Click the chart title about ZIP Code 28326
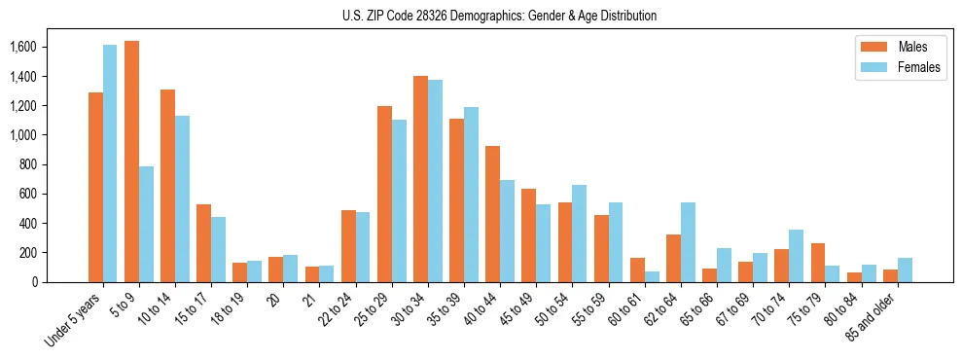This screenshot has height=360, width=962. click(499, 16)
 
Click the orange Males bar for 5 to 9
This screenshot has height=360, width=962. click(131, 162)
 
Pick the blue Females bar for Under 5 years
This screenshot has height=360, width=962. click(110, 163)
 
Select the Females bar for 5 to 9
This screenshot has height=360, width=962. click(146, 224)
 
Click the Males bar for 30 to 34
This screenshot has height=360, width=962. click(420, 179)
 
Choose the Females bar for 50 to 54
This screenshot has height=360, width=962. click(579, 234)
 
